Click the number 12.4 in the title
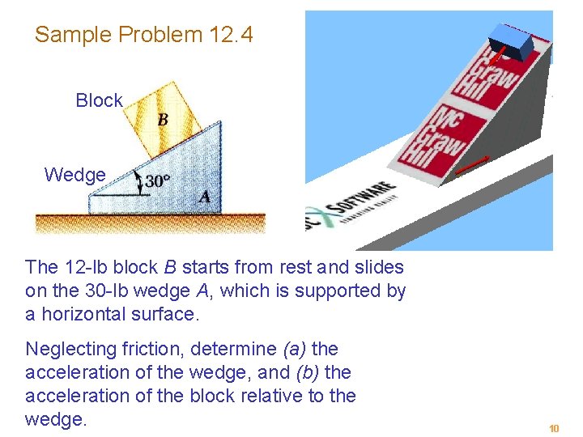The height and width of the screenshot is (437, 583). point(231,35)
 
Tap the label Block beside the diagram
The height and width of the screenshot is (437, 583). point(99,101)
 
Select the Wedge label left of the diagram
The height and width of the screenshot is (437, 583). point(74,175)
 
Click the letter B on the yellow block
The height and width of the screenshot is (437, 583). point(163,120)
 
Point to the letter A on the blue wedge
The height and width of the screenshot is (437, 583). point(205,197)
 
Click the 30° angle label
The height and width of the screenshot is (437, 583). point(158,180)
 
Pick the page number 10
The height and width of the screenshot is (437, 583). point(554,428)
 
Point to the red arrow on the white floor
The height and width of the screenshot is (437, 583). point(472,165)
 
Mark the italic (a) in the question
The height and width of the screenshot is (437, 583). point(294,350)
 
